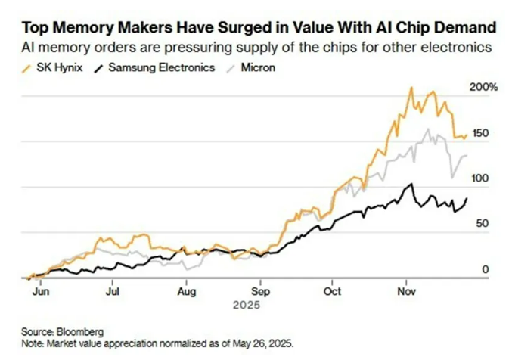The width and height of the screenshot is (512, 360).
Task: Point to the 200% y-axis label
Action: tap(483, 87)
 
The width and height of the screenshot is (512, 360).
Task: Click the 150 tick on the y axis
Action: tap(480, 133)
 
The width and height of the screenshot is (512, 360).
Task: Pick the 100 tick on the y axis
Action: tap(480, 178)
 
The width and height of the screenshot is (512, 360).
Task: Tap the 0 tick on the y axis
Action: tap(486, 269)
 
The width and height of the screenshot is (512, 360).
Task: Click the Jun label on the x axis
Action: tap(44, 290)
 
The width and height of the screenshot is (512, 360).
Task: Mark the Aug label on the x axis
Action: tap(188, 290)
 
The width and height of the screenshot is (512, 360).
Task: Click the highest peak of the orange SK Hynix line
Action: tap(411, 88)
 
